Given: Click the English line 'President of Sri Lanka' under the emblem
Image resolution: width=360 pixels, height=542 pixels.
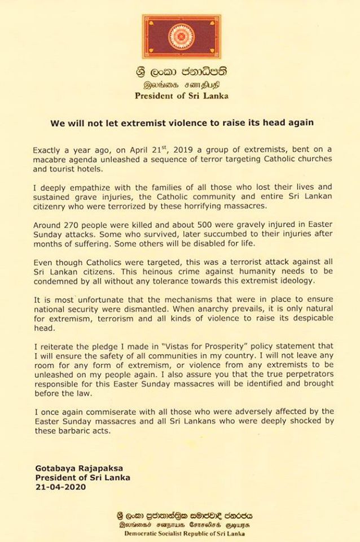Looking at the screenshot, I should (182, 96).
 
